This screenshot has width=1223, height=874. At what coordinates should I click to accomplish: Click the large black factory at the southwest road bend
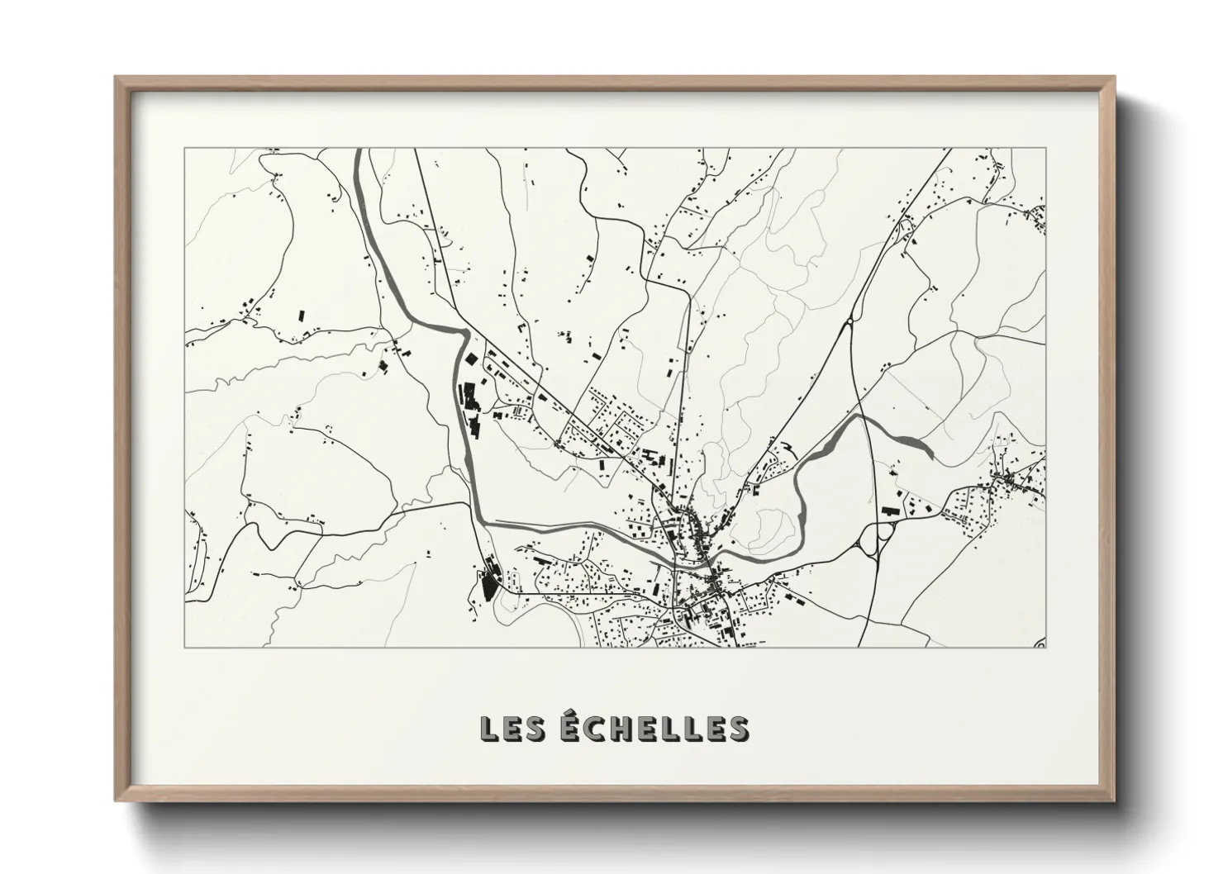[x=488, y=582]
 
